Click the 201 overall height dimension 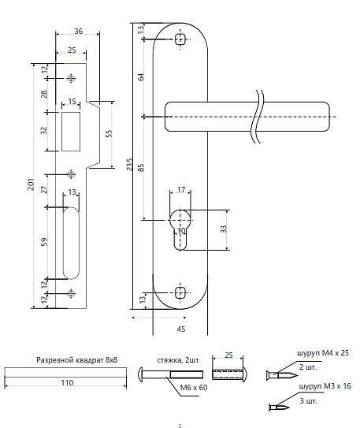point(31,184)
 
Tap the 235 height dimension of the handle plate point(129,164)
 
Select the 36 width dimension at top point(78,31)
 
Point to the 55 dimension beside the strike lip point(109,133)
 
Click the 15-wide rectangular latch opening point(71,132)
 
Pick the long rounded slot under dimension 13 point(71,243)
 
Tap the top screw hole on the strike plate point(71,78)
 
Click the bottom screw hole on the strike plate point(71,293)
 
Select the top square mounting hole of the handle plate point(180,39)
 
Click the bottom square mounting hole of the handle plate point(180,293)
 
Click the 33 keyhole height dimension point(224,229)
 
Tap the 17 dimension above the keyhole point(181,189)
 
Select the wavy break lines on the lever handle point(258,117)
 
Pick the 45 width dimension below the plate point(181,329)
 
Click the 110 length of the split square point(67,383)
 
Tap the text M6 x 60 point(194,387)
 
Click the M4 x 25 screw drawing point(282,375)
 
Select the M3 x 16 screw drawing point(279,408)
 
